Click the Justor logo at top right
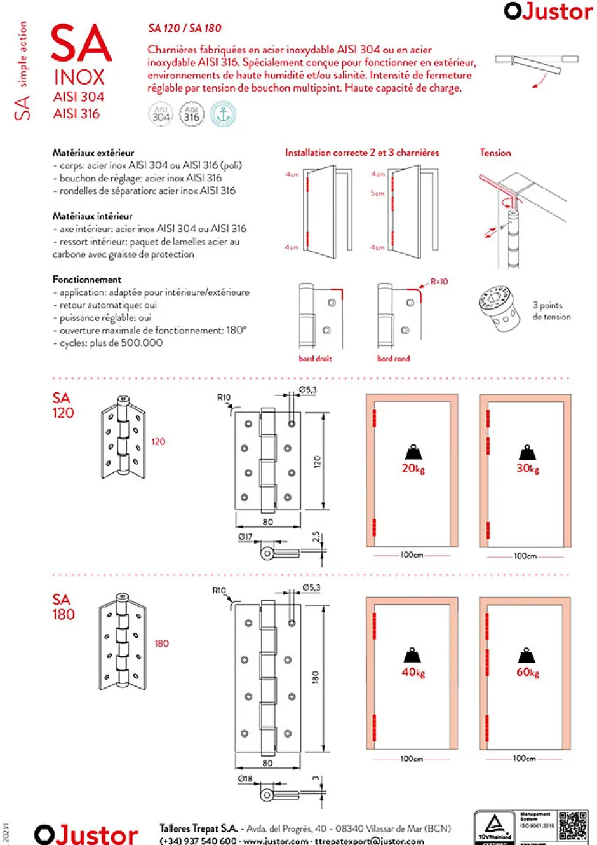(547, 11)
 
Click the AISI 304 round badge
(161, 114)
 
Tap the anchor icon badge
(223, 114)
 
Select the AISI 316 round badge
(191, 114)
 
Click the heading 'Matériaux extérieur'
(93, 153)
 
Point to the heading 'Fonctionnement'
(87, 279)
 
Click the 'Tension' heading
(495, 153)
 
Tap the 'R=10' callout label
(439, 281)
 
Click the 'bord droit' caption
(315, 359)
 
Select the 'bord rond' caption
(393, 359)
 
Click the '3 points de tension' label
(551, 311)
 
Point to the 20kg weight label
(413, 469)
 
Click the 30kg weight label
(527, 469)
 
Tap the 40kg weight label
(413, 672)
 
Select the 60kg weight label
(527, 672)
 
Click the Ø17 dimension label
(245, 537)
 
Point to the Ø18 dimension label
(245, 778)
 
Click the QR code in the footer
(572, 825)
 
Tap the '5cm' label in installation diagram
(377, 193)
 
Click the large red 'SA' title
(81, 44)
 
